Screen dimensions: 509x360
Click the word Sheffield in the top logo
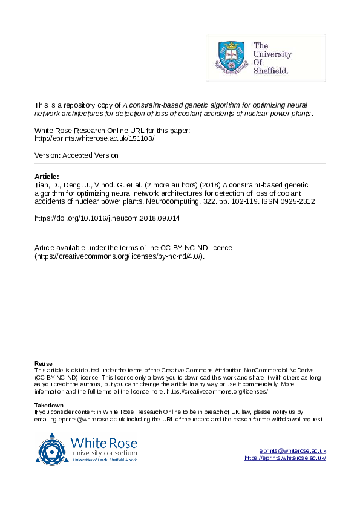pyautogui.click(x=270, y=70)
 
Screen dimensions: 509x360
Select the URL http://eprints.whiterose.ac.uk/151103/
pyautogui.click(x=94, y=138)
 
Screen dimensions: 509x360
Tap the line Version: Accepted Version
pyautogui.click(x=76, y=155)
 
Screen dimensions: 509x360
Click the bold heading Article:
pyautogui.click(x=47, y=177)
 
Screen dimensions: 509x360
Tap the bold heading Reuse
pyautogui.click(x=43, y=363)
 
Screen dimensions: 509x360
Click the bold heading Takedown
pyautogui.click(x=49, y=405)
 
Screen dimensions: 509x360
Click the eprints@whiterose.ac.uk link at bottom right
pyautogui.click(x=292, y=451)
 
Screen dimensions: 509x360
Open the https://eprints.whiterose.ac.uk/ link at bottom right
pyautogui.click(x=285, y=458)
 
